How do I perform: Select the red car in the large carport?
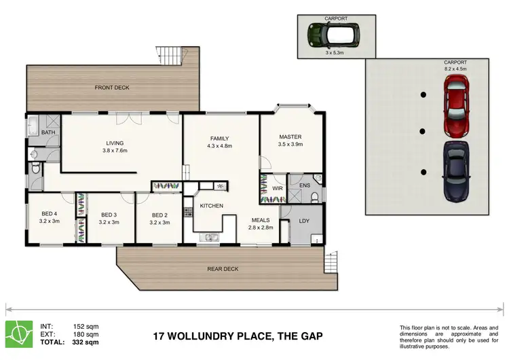[457, 105]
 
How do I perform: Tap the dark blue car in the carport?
[457, 171]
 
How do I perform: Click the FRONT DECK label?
[113, 88]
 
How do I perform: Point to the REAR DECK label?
[223, 269]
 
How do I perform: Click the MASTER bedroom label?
[290, 137]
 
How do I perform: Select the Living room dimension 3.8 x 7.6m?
[115, 151]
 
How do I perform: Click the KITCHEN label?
[211, 206]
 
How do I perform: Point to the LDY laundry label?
[304, 221]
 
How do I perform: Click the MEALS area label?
[261, 219]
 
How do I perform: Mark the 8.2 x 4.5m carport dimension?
[455, 69]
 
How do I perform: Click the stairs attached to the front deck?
[171, 55]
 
